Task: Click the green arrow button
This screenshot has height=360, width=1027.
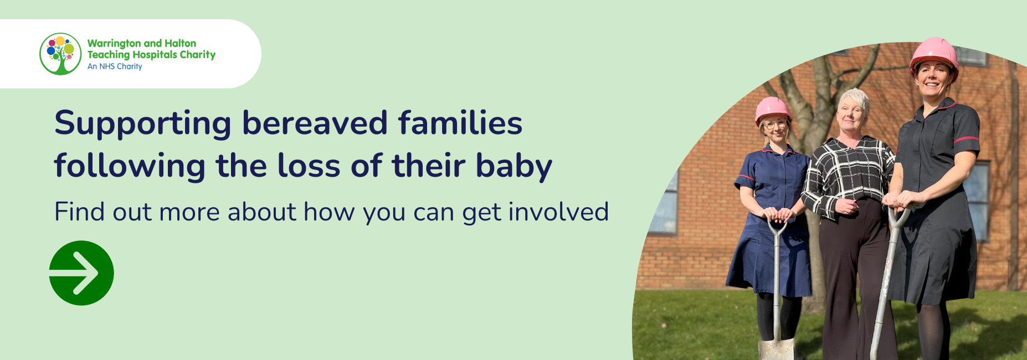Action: point(81,273)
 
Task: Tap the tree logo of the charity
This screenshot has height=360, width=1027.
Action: point(60,54)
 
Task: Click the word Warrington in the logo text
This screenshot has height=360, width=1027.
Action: point(114,43)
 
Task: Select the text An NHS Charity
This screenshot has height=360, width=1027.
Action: point(115,66)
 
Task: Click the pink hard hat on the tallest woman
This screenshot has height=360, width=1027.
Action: point(934,56)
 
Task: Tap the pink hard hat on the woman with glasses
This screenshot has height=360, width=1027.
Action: point(773,110)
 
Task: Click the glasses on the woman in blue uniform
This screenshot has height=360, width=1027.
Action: point(775,125)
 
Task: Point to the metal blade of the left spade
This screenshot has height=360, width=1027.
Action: point(776,349)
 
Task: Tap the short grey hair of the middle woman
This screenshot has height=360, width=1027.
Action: point(854,99)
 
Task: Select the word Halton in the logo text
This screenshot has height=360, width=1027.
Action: point(180,43)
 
